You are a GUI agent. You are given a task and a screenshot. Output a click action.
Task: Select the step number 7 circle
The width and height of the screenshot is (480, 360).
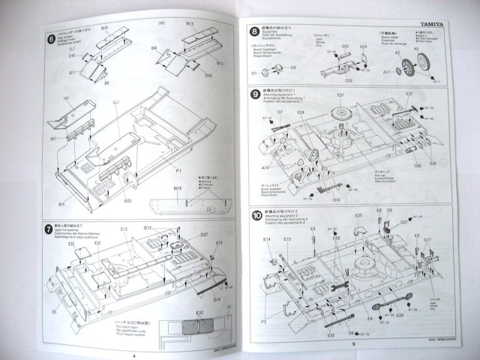click(50, 227)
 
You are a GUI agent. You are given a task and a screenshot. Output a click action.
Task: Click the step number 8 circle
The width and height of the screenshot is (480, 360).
click(255, 31)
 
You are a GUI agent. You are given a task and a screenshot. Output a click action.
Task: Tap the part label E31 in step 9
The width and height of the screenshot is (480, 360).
click(340, 95)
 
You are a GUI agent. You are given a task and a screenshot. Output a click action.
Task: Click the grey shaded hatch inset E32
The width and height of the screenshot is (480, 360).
click(194, 325)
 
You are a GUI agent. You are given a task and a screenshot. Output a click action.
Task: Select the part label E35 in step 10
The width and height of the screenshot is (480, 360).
click(359, 216)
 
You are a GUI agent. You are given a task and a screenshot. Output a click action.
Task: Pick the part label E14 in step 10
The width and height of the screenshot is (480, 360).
click(268, 239)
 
